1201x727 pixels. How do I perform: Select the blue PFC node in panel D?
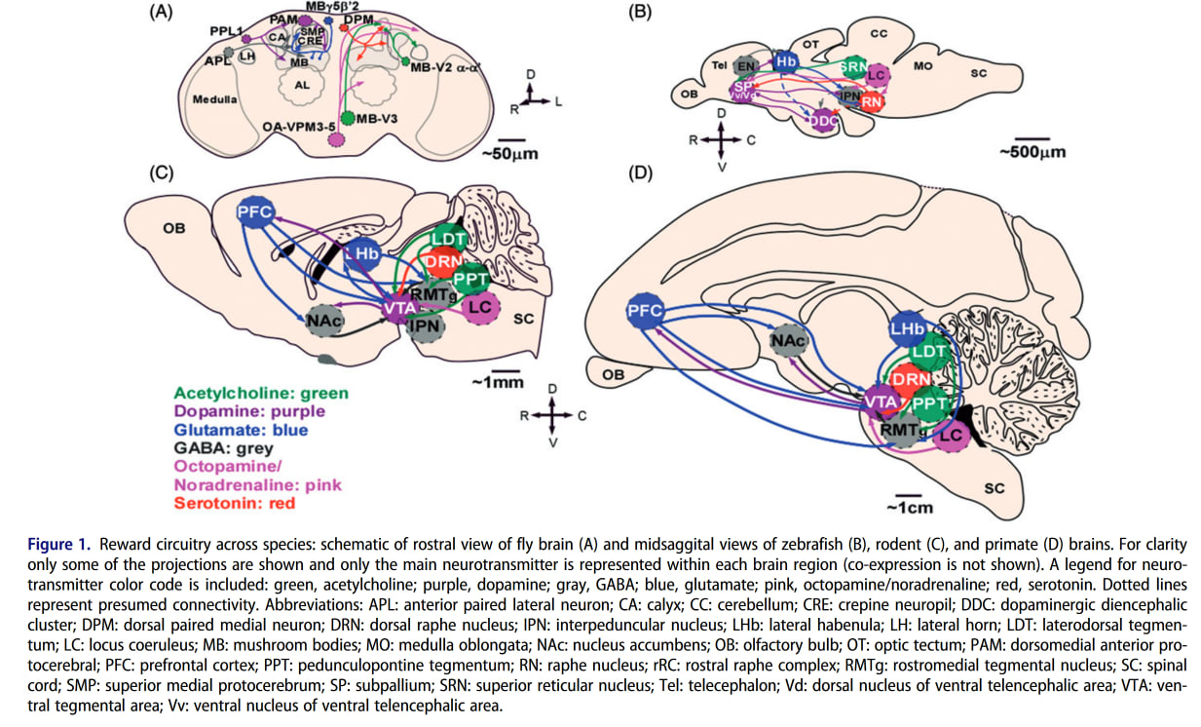click(x=643, y=312)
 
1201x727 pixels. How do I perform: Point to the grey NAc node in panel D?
click(x=787, y=340)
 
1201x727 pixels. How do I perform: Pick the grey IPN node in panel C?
click(x=426, y=325)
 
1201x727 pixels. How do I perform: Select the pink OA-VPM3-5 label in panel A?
click(x=301, y=127)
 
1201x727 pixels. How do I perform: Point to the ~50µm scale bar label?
click(x=509, y=153)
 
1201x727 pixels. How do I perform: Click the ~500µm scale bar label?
click(x=1032, y=152)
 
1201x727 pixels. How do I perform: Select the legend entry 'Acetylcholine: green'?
click(x=261, y=393)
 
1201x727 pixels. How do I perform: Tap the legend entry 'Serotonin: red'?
click(x=234, y=503)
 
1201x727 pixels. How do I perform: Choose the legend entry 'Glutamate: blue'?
click(x=241, y=430)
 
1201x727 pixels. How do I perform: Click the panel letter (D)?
click(x=639, y=174)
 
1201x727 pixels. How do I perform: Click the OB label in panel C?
click(x=174, y=229)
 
